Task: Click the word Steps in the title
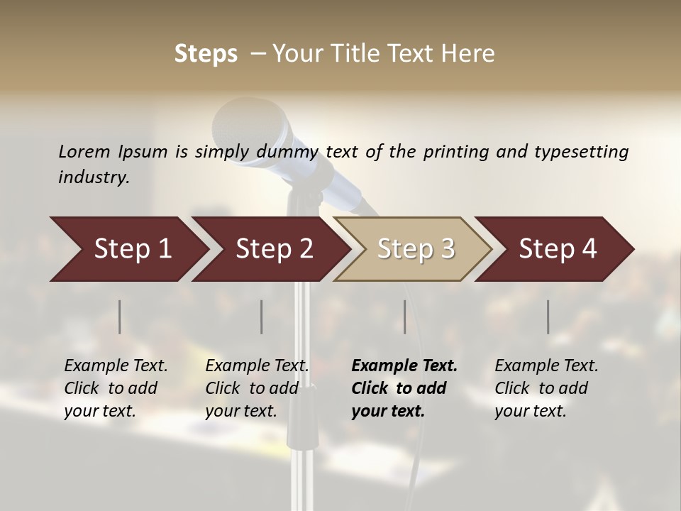206,54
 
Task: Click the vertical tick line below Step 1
120,317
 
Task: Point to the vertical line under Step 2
262,317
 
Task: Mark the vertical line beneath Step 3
405,317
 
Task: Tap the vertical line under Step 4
548,317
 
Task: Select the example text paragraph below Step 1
116,388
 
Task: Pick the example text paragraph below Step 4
546,388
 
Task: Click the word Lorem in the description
84,151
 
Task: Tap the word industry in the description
93,177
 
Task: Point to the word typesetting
581,151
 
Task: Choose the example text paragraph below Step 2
256,388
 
